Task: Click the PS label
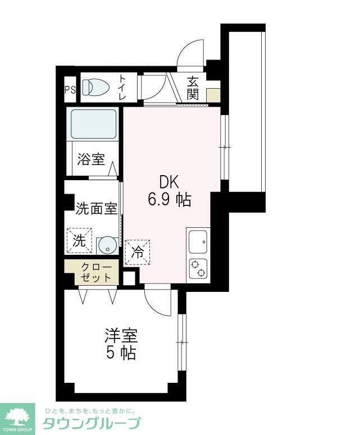pyautogui.click(x=70, y=89)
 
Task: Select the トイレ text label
pyautogui.click(x=122, y=88)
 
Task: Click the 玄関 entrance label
pyautogui.click(x=193, y=88)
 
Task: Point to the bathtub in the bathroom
pyautogui.click(x=94, y=123)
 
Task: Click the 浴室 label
pyautogui.click(x=91, y=159)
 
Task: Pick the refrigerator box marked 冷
pyautogui.click(x=138, y=251)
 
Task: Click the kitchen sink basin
pyautogui.click(x=198, y=241)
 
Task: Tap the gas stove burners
pyautogui.click(x=198, y=269)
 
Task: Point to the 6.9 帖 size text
pyautogui.click(x=169, y=199)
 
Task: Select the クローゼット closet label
pyautogui.click(x=92, y=272)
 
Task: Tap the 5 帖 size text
pyautogui.click(x=120, y=354)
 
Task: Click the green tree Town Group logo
pyautogui.click(x=18, y=418)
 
